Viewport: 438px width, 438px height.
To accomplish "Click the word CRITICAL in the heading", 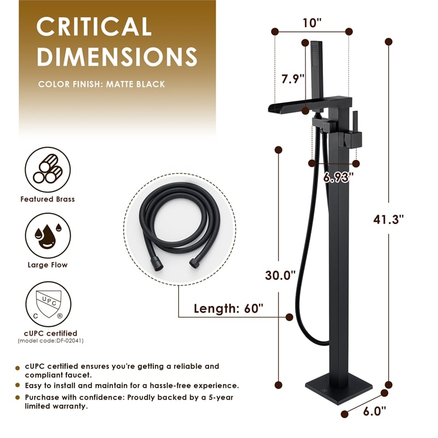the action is point(94,26).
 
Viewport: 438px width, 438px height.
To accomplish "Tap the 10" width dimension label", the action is point(312,23).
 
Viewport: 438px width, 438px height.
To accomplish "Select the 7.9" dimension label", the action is point(293,79).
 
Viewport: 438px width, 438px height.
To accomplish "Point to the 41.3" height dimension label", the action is point(389,220).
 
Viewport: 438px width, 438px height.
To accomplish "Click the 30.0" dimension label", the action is point(280,275).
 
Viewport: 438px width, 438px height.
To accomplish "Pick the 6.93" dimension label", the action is point(338,177).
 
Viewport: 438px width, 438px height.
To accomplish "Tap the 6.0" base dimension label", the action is point(374,411).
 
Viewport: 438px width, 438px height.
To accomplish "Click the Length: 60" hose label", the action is point(228,309).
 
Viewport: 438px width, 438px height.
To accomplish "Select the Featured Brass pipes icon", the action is point(48,170).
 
